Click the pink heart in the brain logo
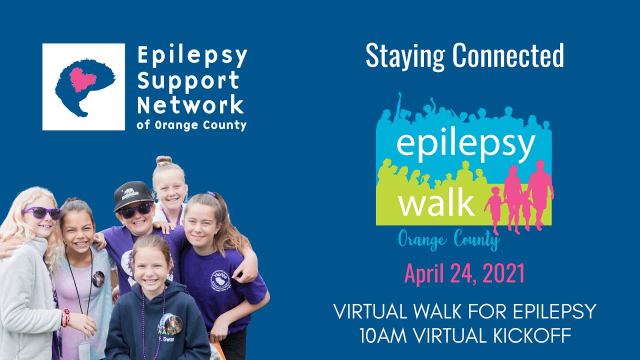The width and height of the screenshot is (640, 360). click(x=81, y=79)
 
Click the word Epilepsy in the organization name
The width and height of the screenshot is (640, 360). click(x=192, y=56)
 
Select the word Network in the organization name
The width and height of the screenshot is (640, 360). click(x=190, y=104)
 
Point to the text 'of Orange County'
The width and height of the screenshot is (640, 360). click(x=191, y=124)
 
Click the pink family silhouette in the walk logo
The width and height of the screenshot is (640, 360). click(x=522, y=197)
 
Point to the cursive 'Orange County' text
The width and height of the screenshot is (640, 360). click(x=448, y=240)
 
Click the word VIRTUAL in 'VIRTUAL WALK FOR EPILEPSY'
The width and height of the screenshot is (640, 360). click(x=372, y=312)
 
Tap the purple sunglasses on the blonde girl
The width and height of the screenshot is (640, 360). click(x=41, y=213)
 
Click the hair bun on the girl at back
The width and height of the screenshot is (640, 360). click(x=163, y=160)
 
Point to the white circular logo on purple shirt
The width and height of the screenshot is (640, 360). click(x=220, y=280)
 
